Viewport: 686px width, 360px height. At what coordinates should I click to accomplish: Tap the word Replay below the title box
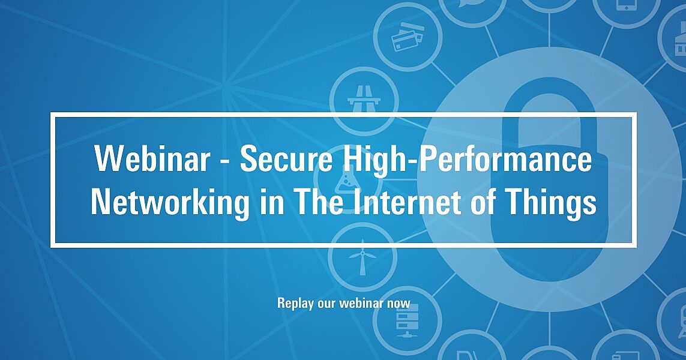[295, 303]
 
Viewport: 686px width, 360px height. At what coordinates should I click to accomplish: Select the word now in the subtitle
[399, 303]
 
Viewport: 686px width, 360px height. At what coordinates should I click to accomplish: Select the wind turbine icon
[363, 257]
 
